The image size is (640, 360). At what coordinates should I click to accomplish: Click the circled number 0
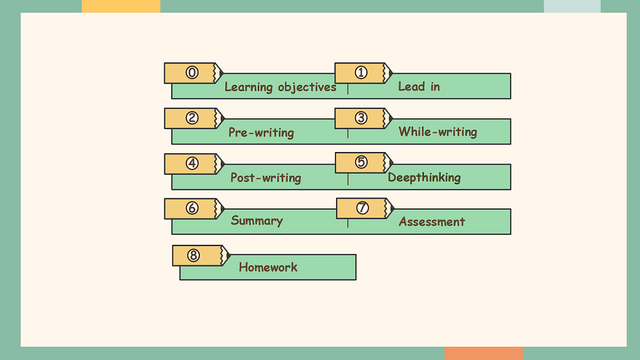pyautogui.click(x=192, y=73)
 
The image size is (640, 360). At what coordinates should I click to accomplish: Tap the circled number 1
pyautogui.click(x=361, y=73)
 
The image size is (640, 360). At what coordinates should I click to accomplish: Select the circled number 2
pyautogui.click(x=192, y=118)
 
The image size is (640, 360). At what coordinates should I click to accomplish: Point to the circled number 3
pyautogui.click(x=361, y=118)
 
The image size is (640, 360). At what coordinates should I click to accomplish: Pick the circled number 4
pyautogui.click(x=192, y=163)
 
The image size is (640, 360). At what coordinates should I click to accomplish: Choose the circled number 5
pyautogui.click(x=361, y=162)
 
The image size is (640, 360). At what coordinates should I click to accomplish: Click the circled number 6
pyautogui.click(x=192, y=208)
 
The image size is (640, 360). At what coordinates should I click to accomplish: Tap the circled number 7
pyautogui.click(x=362, y=207)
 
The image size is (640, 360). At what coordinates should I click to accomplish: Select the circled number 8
pyautogui.click(x=194, y=255)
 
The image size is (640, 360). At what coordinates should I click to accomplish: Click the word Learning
pyautogui.click(x=249, y=87)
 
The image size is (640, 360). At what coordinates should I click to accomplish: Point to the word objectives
pyautogui.click(x=307, y=87)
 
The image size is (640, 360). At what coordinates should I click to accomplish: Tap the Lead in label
pyautogui.click(x=419, y=86)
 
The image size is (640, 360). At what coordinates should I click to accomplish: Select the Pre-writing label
pyautogui.click(x=261, y=133)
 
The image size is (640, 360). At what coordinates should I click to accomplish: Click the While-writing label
pyautogui.click(x=438, y=132)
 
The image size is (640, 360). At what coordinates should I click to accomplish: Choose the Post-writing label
pyautogui.click(x=266, y=178)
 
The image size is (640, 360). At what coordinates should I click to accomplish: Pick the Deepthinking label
pyautogui.click(x=424, y=178)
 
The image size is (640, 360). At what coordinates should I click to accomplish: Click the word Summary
pyautogui.click(x=257, y=221)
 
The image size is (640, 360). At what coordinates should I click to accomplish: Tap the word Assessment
pyautogui.click(x=431, y=222)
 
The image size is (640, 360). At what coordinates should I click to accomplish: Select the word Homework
pyautogui.click(x=268, y=267)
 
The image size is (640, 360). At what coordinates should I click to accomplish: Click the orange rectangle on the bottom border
pyautogui.click(x=484, y=354)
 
